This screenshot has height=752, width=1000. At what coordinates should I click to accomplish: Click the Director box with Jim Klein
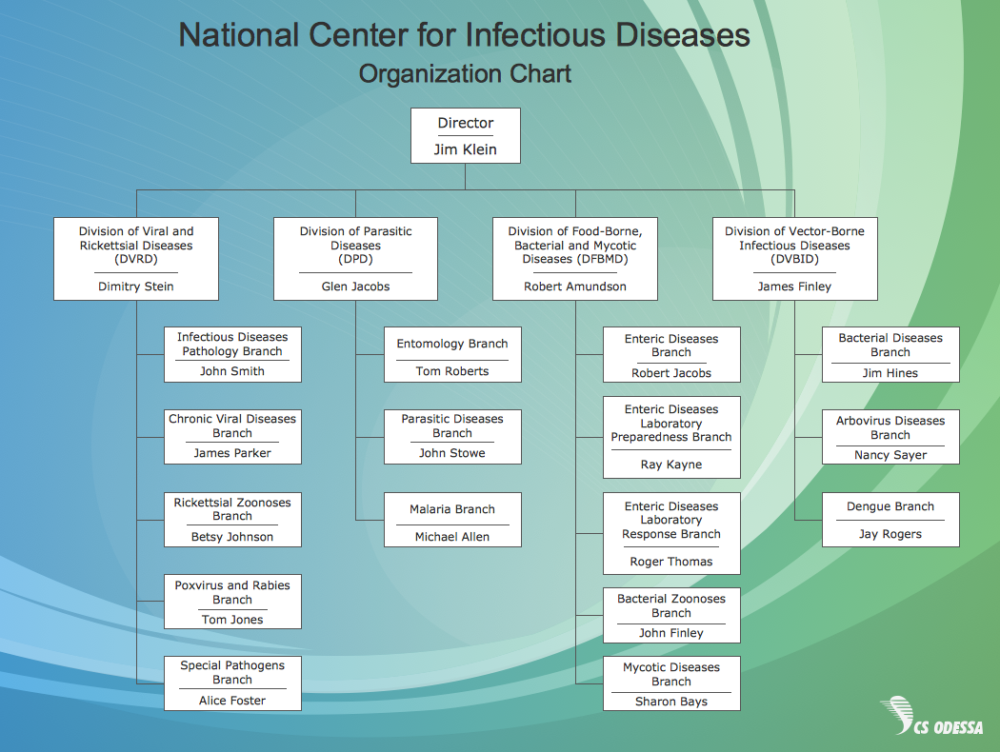tap(466, 136)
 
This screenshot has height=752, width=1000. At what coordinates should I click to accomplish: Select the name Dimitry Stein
tap(136, 287)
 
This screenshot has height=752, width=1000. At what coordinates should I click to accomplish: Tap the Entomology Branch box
tap(452, 354)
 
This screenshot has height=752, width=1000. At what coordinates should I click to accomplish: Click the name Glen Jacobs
tap(355, 287)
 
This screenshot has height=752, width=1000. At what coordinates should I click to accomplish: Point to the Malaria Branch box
tap(452, 520)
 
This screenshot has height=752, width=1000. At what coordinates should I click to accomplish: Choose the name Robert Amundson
tap(575, 287)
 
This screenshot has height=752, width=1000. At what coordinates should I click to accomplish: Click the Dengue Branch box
tap(890, 520)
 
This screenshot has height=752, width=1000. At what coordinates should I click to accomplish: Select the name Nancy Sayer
tap(890, 455)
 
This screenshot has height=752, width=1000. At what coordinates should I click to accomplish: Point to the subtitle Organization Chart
tap(465, 74)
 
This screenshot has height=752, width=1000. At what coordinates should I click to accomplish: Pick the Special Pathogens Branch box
tap(232, 683)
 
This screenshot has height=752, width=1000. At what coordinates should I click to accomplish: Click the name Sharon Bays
tap(670, 701)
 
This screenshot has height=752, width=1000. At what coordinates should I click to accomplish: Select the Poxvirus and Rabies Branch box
tap(232, 602)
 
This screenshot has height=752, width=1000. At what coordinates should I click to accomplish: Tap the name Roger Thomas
tap(670, 562)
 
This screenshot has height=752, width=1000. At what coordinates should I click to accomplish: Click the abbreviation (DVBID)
tap(794, 259)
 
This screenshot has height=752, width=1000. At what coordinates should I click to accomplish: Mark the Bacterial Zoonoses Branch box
tap(671, 615)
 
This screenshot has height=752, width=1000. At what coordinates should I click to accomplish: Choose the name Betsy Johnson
tap(232, 537)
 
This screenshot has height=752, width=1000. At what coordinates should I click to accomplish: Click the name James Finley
tap(794, 287)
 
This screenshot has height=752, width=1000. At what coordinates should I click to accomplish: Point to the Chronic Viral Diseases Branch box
tap(232, 437)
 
